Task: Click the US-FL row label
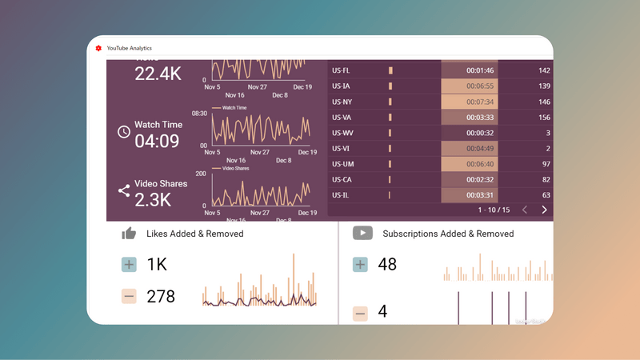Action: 341,70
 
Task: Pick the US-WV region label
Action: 342,133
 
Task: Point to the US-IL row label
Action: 340,195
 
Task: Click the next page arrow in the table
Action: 544,210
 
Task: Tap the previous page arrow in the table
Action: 525,210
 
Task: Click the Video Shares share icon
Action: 124,190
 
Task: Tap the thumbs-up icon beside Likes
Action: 129,234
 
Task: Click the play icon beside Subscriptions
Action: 362,233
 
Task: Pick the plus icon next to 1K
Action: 129,265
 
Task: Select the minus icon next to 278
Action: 129,297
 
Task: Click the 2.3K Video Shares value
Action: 153,200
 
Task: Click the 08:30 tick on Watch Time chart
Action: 199,114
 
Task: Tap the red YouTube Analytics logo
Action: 98,48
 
